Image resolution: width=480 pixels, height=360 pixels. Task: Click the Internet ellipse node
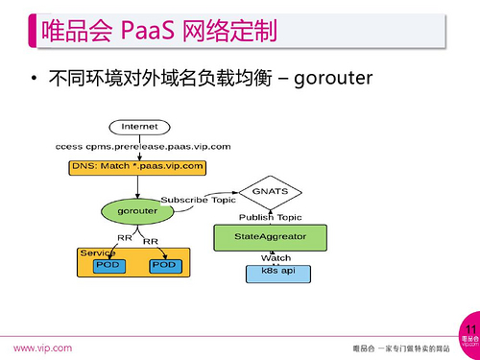tap(139, 127)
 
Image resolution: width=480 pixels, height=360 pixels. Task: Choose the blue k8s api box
tap(276, 273)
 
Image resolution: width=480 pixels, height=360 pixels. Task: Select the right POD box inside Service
tap(164, 264)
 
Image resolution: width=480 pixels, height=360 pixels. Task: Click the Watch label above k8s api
tap(276, 257)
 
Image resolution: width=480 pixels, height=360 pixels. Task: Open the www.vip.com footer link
tap(40, 348)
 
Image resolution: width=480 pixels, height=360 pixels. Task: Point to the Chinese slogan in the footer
tap(402, 348)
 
